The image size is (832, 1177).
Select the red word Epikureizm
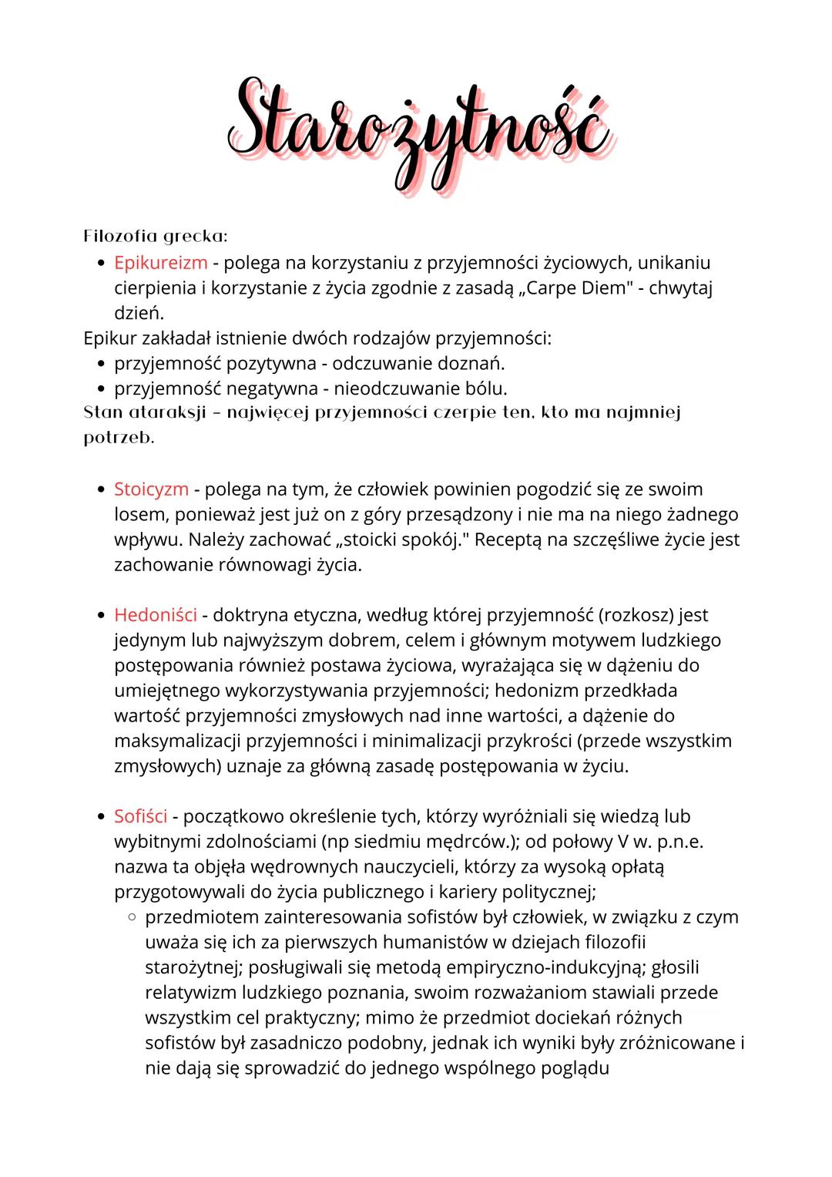[161, 262]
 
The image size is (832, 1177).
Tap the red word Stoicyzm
[151, 489]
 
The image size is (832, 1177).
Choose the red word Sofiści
[146, 815]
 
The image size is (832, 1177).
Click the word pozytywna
[271, 362]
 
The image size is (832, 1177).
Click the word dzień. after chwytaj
[139, 313]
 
